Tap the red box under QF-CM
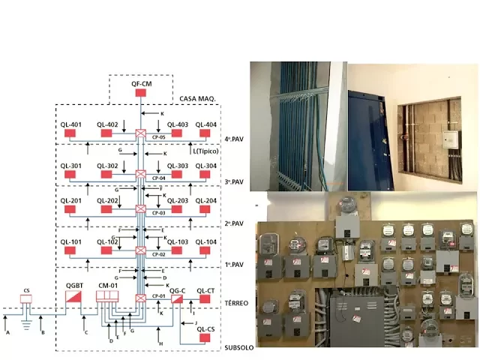click(140, 93)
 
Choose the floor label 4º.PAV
click(235, 139)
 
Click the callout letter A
click(7, 331)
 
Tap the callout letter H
click(160, 343)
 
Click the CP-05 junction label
click(158, 138)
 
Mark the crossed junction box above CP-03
click(140, 208)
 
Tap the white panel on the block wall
click(450, 140)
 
